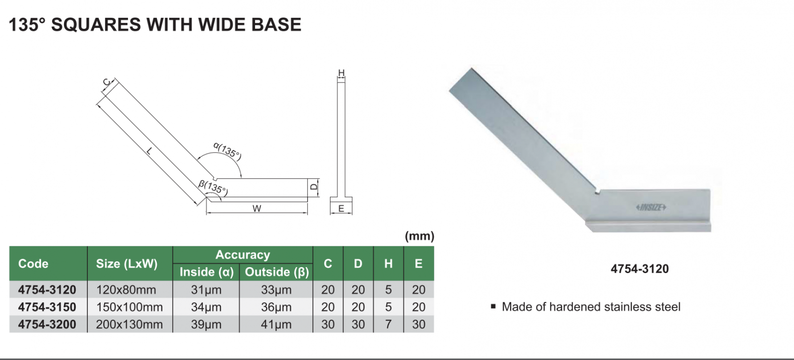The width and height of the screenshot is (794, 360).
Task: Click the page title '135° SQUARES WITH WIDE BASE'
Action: click(x=155, y=24)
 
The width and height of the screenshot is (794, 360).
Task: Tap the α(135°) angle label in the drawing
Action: click(x=227, y=150)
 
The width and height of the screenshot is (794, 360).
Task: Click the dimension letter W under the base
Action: click(x=257, y=209)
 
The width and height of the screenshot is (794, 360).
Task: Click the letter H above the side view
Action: click(x=341, y=73)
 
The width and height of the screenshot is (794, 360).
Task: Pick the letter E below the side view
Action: click(x=341, y=209)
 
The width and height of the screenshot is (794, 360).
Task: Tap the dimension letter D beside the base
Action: click(x=314, y=187)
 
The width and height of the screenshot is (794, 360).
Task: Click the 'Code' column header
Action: click(x=33, y=264)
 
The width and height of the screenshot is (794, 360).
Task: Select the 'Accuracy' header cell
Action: click(x=243, y=255)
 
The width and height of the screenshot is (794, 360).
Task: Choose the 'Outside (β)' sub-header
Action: click(x=276, y=272)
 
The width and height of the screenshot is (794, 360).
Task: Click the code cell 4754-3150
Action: click(x=47, y=307)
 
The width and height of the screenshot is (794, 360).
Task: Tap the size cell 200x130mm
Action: click(x=130, y=324)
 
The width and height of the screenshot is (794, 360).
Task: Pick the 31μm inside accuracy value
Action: click(x=206, y=289)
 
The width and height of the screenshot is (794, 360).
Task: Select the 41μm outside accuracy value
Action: click(x=276, y=324)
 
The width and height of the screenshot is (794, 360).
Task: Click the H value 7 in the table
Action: click(x=388, y=324)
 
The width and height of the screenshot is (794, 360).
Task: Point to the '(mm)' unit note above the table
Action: click(x=419, y=236)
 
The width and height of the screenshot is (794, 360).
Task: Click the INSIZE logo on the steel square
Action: click(x=651, y=207)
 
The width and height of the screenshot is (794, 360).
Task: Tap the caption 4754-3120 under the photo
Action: click(x=640, y=269)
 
